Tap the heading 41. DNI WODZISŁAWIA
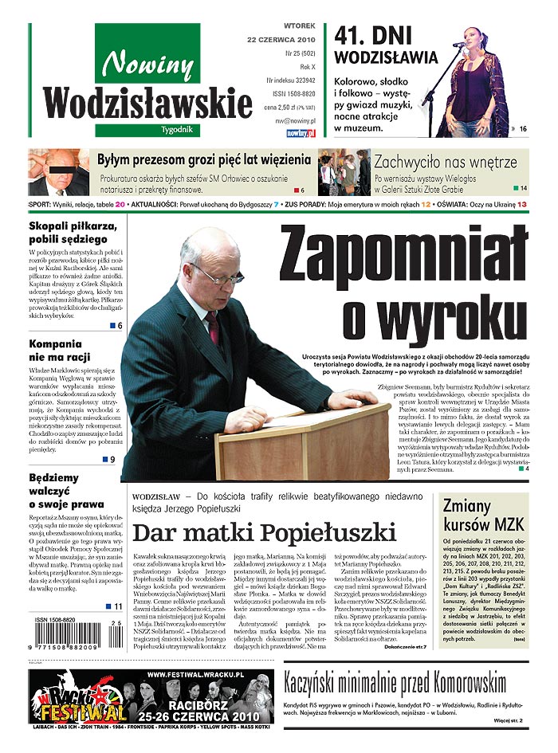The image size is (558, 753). pyautogui.click(x=386, y=46)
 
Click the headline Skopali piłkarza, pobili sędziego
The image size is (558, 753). pyautogui.click(x=73, y=232)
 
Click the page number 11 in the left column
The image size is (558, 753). pyautogui.click(x=117, y=606)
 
